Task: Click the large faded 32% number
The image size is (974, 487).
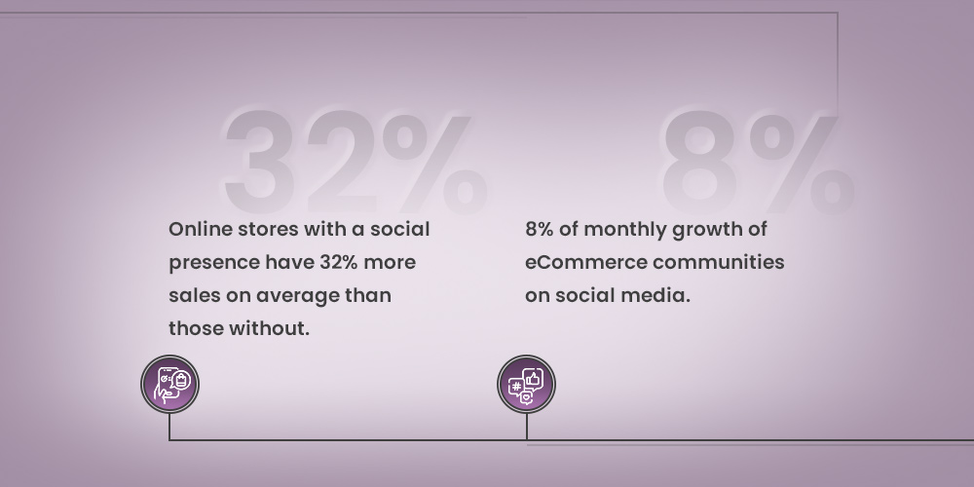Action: (x=356, y=162)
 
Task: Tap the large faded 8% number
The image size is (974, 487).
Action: (x=758, y=162)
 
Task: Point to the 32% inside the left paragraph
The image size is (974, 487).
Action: (x=339, y=262)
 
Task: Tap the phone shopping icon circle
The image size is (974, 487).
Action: (x=169, y=384)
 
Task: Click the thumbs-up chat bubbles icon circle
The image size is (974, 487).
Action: (x=526, y=384)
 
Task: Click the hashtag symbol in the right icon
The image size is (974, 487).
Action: (x=516, y=387)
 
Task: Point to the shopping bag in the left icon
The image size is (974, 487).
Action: (x=181, y=380)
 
